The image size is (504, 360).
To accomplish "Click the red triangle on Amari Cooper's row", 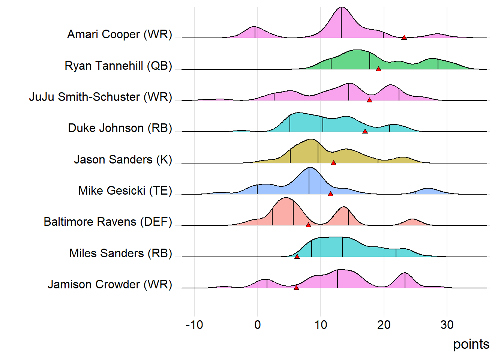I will point(404,37).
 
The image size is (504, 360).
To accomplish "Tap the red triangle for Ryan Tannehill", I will point(378,69).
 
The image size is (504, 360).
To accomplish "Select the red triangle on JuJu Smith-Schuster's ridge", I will point(369,100).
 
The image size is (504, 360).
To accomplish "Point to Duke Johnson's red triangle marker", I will point(365,131).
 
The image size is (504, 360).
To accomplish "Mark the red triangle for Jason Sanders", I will point(333,163).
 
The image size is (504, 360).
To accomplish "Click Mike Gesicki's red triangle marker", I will point(330,194).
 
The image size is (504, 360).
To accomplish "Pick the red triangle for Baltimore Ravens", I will point(308,225).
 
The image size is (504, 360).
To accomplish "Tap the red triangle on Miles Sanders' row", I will point(297,256).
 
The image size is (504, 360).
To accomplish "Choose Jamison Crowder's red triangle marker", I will point(296,288).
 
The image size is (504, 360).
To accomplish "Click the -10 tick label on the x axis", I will point(194,325).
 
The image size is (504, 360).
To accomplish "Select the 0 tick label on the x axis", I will point(258,325).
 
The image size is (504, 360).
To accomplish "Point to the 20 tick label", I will point(384,325).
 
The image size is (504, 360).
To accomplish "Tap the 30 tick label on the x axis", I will point(447,325).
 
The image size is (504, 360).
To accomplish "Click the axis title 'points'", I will point(471,344).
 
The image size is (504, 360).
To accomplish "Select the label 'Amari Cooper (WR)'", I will point(120,34).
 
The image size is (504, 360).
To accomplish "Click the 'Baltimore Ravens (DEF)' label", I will point(108,222).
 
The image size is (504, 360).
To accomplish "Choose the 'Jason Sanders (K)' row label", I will point(123,159).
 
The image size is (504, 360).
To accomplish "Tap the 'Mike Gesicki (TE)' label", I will point(125,190).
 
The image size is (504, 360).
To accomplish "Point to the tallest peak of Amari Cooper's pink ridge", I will point(341,8).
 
